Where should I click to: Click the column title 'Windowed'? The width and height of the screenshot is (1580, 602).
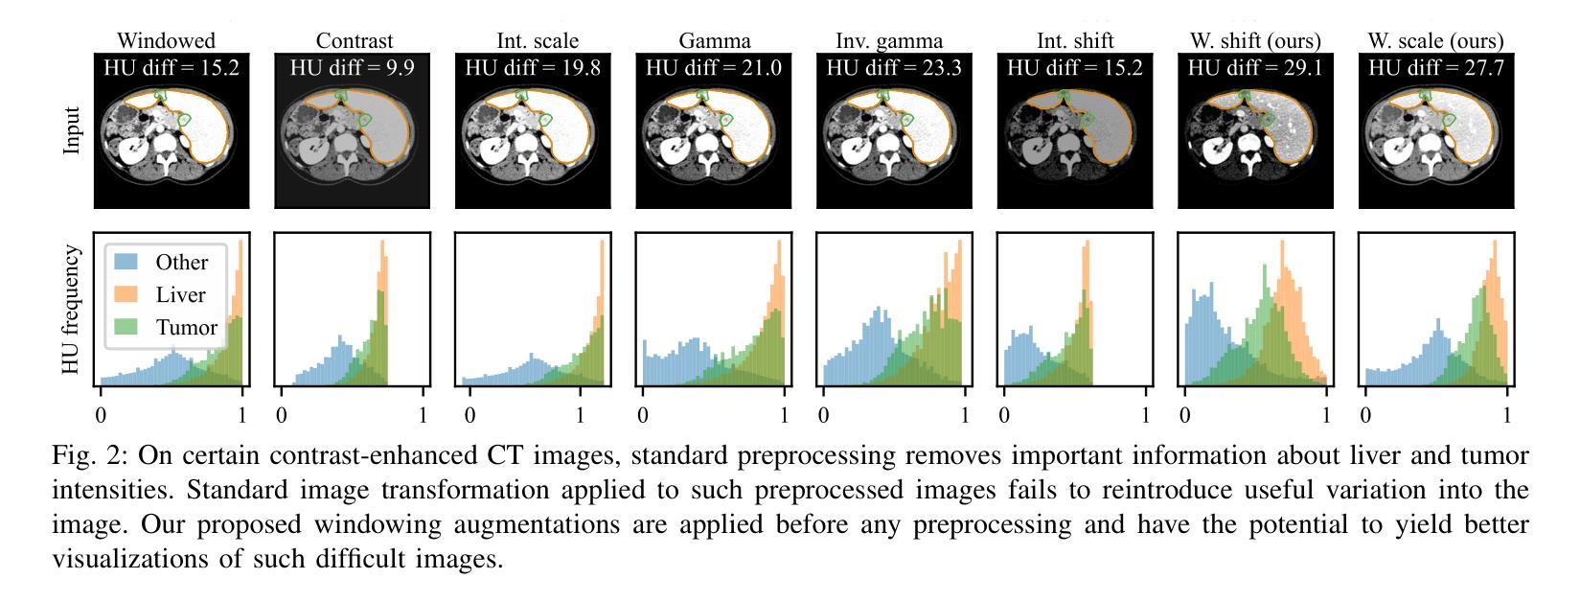coord(166,41)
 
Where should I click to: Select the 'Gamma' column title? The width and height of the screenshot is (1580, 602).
coord(715,41)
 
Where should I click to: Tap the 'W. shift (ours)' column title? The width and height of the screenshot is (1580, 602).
coord(1255,41)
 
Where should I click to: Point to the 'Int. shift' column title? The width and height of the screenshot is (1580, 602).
coord(1075,41)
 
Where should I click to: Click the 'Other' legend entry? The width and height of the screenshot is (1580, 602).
coord(182,263)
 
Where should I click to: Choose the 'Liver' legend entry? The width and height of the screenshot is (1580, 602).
coord(181,295)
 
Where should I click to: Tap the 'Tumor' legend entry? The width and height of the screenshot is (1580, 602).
coord(187,328)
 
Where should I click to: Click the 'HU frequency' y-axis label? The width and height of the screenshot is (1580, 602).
coord(72,310)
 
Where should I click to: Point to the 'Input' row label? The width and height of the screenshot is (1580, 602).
coord(72,130)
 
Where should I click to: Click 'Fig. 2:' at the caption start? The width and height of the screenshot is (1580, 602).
coord(81,455)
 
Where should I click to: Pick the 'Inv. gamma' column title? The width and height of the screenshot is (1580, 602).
coord(889,41)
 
